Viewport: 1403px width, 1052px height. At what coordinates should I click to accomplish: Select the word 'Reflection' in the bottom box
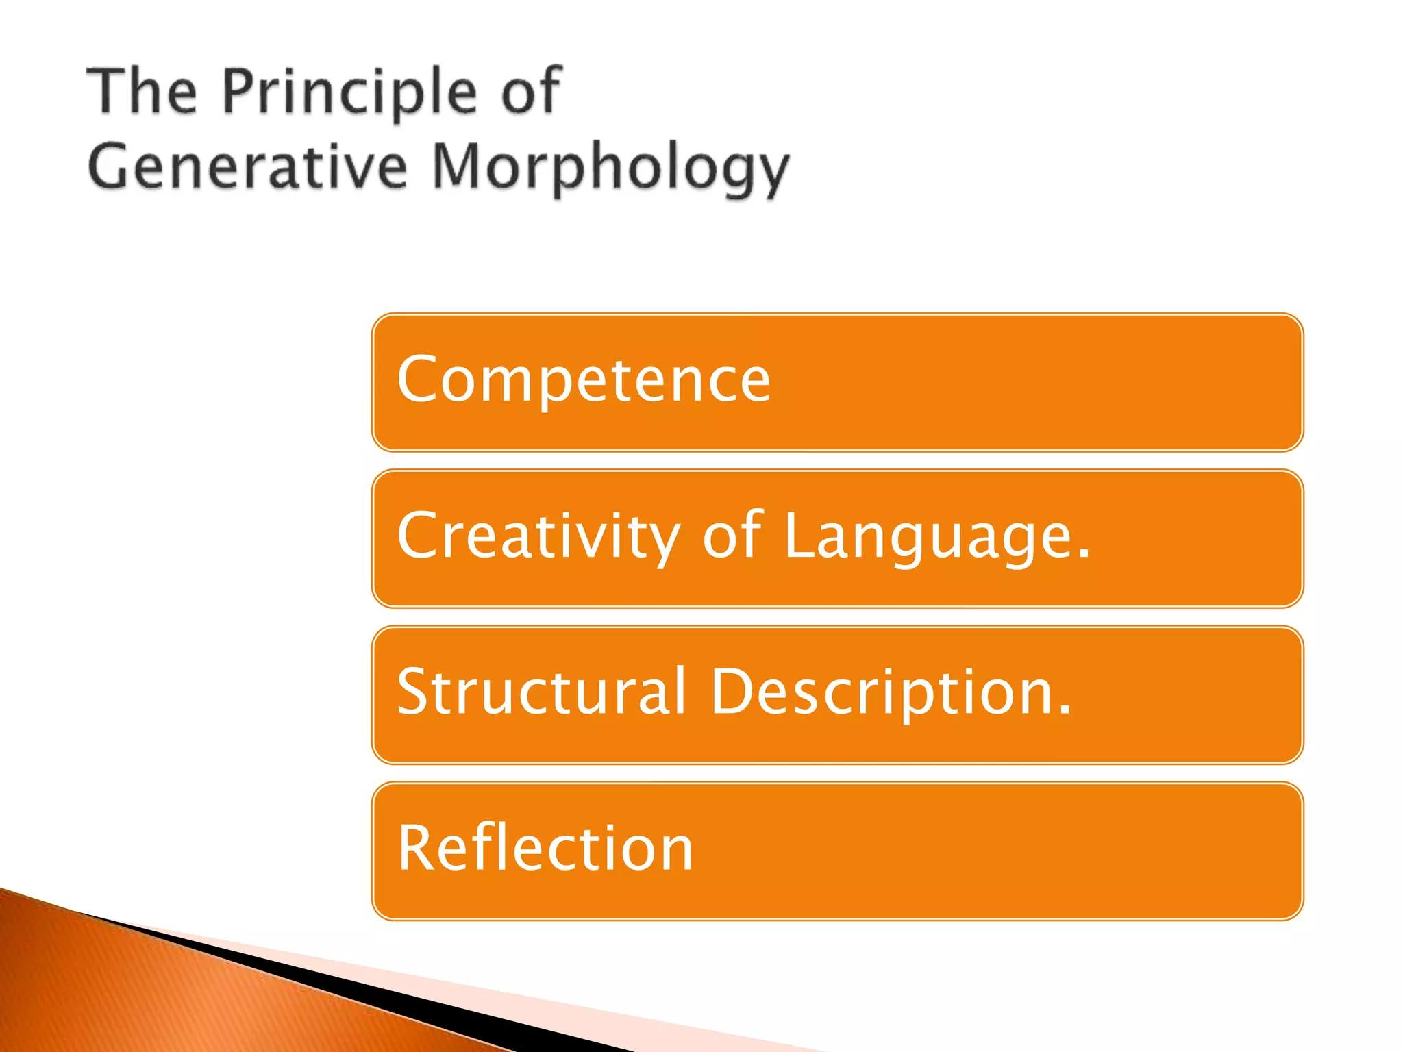pyautogui.click(x=545, y=849)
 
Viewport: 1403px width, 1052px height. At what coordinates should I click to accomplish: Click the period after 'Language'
pyautogui.click(x=1083, y=555)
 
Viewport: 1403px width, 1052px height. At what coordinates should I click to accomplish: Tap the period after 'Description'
pyautogui.click(x=1064, y=711)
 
